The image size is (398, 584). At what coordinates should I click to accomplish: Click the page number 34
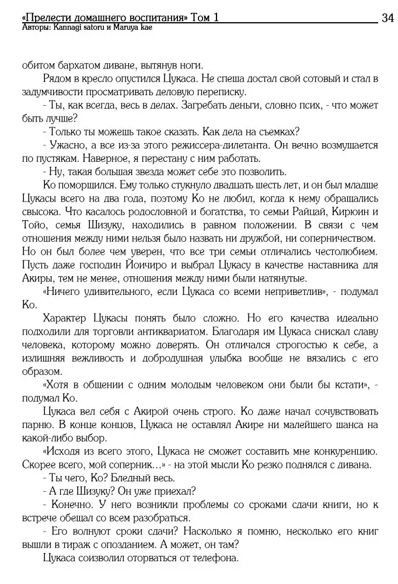click(x=387, y=18)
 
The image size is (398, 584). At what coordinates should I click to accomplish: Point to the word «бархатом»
click(x=79, y=66)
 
